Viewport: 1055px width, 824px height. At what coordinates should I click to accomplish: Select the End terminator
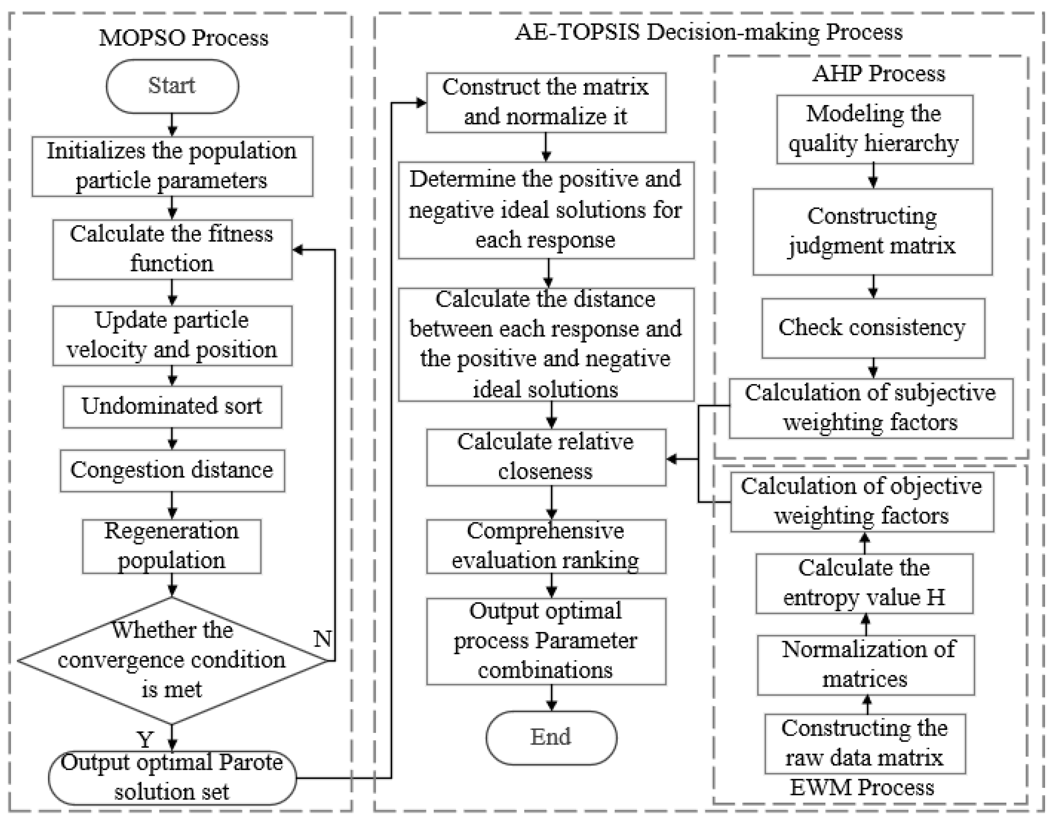click(x=551, y=737)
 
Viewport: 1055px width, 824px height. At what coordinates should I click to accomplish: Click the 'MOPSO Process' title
click(x=184, y=38)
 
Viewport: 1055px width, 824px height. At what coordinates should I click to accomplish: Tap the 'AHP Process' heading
click(x=878, y=74)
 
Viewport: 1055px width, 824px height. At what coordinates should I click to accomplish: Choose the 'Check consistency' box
click(x=873, y=328)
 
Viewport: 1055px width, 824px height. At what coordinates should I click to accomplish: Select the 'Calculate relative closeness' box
click(x=546, y=457)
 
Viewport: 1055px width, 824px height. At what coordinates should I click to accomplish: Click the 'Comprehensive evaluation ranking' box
click(x=546, y=546)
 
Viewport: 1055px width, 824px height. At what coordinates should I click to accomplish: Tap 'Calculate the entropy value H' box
click(x=864, y=583)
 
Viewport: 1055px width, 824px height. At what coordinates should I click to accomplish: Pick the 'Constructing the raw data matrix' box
click(x=865, y=743)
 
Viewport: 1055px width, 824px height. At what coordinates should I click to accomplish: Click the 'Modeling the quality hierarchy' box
click(x=874, y=129)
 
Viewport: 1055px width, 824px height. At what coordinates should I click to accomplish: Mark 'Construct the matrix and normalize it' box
click(x=546, y=103)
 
